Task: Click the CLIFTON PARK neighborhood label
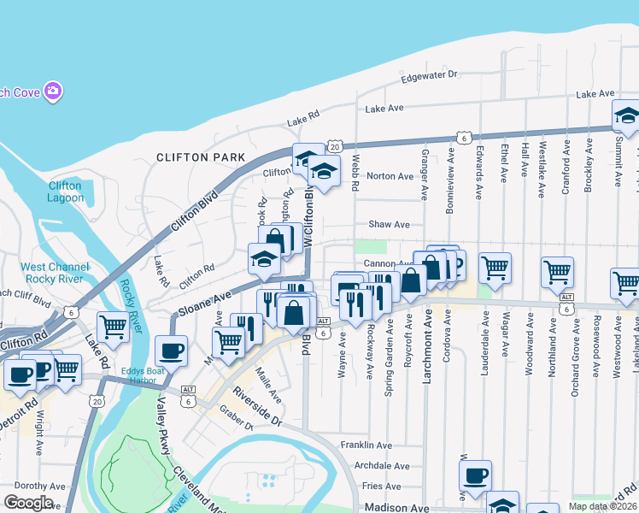click(x=200, y=157)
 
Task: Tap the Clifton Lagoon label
click(x=65, y=192)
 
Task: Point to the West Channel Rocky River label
click(x=55, y=274)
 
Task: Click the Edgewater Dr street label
click(x=430, y=77)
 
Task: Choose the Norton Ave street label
click(x=390, y=176)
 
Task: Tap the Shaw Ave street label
click(x=390, y=225)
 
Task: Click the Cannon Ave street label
click(x=388, y=264)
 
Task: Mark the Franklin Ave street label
click(x=366, y=445)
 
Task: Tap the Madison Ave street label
click(x=396, y=507)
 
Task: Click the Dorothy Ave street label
click(x=34, y=485)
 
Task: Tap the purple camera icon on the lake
click(x=53, y=90)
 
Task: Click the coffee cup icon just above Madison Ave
click(x=475, y=475)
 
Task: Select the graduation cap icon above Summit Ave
click(x=626, y=116)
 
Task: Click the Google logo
click(x=27, y=503)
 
